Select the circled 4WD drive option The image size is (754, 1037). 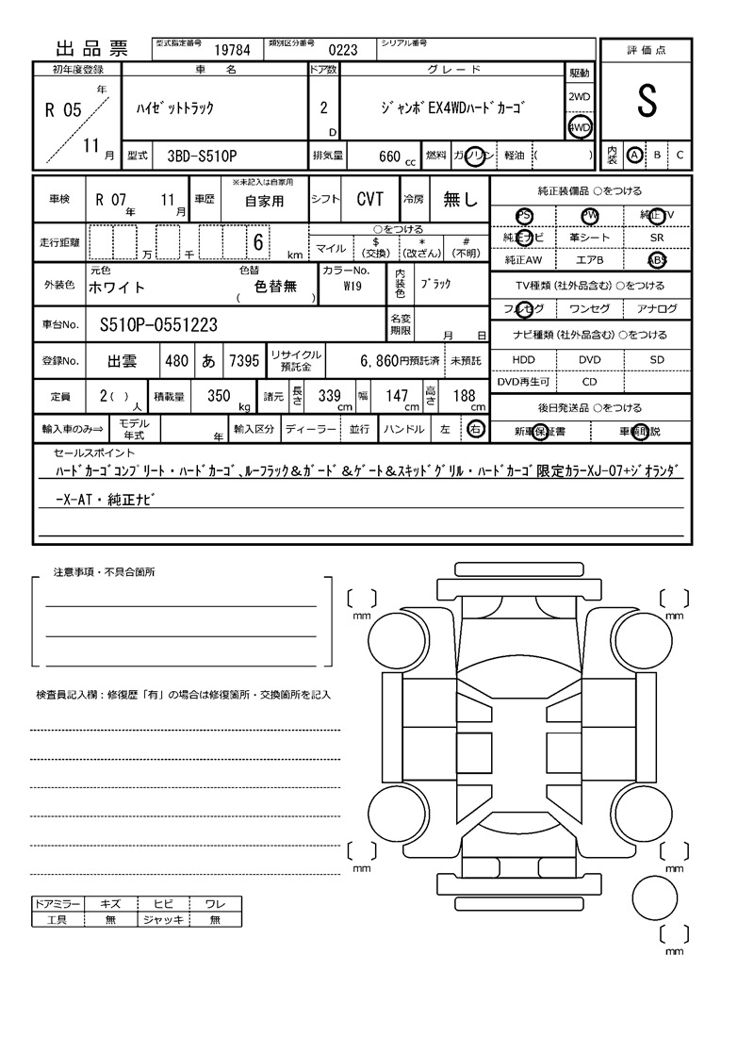tap(580, 126)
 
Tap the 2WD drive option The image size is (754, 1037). tap(580, 97)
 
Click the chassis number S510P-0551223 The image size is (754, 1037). tap(158, 325)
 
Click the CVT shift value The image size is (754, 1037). tap(369, 199)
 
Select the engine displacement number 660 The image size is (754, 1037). tap(389, 156)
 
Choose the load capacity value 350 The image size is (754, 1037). tap(219, 397)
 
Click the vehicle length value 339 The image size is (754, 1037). tap(330, 397)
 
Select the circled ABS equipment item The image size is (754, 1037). tap(657, 260)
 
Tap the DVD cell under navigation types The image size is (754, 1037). tap(589, 360)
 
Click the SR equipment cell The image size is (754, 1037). tap(657, 238)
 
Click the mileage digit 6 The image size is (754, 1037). tap(256, 242)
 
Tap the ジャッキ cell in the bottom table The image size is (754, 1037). tap(164, 919)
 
